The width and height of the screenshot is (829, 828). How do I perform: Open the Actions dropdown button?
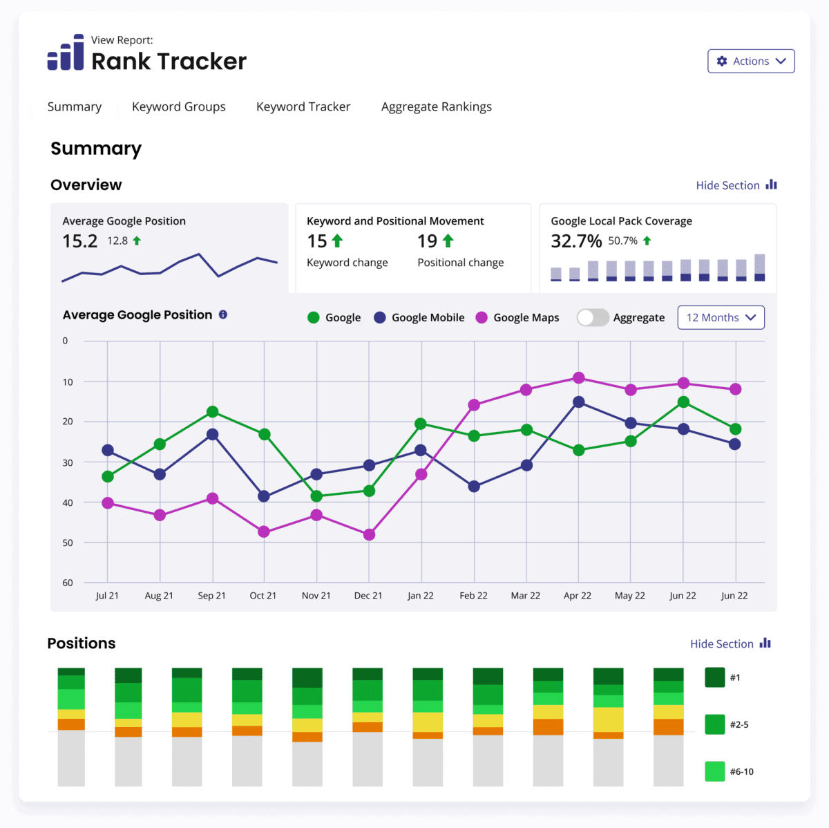[751, 61]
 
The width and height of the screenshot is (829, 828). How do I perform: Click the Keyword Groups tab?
[179, 106]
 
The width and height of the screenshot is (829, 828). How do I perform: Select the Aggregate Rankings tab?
[437, 106]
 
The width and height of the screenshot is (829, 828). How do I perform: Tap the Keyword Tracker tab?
[303, 106]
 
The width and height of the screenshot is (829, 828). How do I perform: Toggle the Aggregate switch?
[592, 317]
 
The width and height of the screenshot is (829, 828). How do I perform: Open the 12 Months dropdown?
[721, 317]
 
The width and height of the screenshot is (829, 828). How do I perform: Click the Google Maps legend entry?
[518, 317]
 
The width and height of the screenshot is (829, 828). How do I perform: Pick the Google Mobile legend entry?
[419, 317]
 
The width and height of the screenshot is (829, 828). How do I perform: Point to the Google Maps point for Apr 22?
[578, 378]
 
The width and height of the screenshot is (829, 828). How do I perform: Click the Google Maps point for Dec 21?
[369, 534]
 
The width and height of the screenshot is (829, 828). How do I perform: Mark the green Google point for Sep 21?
[213, 412]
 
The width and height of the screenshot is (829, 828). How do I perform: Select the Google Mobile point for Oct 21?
[263, 496]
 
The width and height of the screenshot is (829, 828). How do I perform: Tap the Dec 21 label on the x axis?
[368, 596]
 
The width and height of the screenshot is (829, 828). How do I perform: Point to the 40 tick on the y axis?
[68, 502]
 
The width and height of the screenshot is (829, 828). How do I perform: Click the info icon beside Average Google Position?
[223, 314]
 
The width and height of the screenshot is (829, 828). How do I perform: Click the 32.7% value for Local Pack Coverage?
[576, 241]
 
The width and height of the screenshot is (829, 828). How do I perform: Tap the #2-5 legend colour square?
[714, 724]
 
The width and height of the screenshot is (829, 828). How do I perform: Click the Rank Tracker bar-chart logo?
[66, 53]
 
